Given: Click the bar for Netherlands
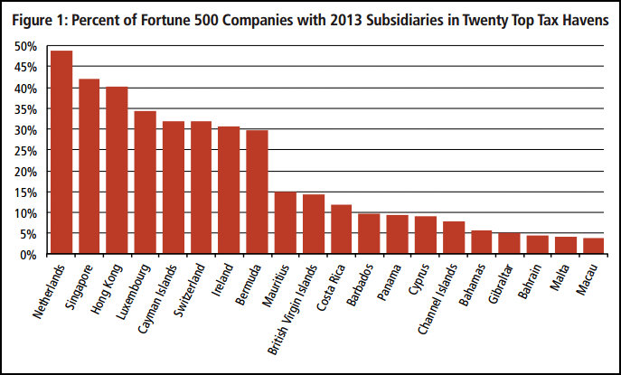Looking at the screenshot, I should click(61, 153).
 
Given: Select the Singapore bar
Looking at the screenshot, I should click(89, 167).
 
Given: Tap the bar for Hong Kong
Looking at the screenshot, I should click(118, 171).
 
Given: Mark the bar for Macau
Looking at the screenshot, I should click(593, 247).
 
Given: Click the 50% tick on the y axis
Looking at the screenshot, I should click(26, 46).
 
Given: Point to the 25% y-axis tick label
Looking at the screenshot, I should click(26, 151).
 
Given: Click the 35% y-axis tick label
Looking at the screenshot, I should click(26, 109).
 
